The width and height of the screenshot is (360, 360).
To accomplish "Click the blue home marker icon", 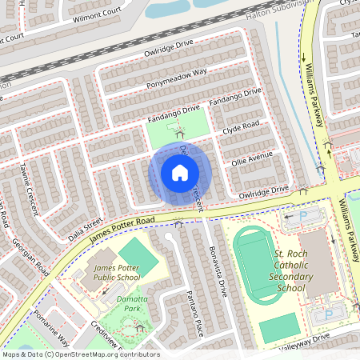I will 180,173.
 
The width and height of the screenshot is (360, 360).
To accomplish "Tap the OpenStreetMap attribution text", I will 81,354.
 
